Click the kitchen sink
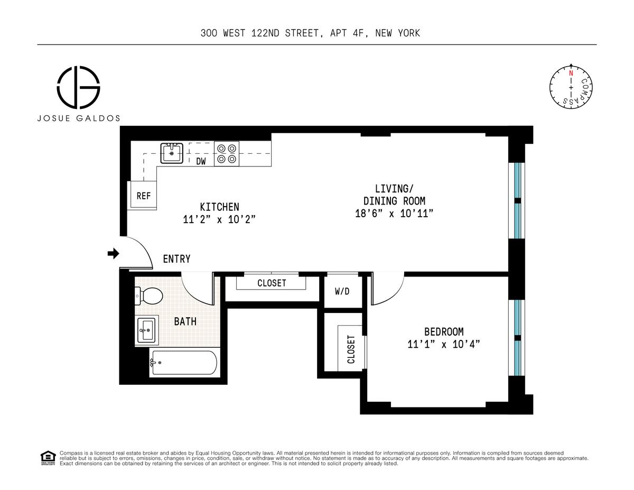coord(172,153)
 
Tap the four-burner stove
coord(227,154)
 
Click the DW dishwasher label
coord(201,161)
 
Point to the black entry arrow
coord(114,253)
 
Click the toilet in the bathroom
coord(149,295)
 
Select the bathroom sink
coord(147,330)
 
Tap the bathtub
coord(183,363)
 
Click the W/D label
coord(342,291)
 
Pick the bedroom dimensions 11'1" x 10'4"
coord(443,344)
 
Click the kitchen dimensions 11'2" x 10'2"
coord(219,219)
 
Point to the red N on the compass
coord(571,73)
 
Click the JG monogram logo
coord(78,87)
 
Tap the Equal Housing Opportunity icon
coord(48,458)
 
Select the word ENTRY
coord(176,259)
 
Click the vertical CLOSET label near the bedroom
coord(351,349)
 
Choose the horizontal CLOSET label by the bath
coord(272,283)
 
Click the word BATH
coord(185,321)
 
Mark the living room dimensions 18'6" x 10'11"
coord(394,214)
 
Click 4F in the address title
coord(358,33)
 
